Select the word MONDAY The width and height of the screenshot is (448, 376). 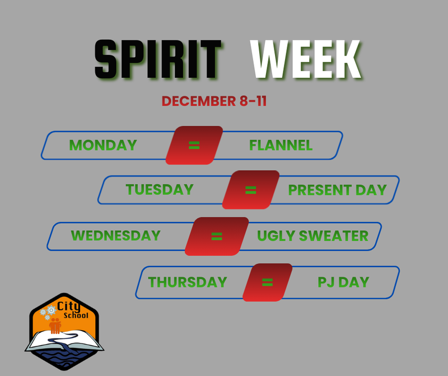click(x=103, y=145)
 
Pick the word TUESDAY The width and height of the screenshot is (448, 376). click(x=160, y=189)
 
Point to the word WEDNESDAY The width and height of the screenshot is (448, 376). click(x=115, y=235)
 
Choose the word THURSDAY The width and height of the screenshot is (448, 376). click(x=188, y=282)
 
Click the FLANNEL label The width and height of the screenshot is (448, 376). click(x=281, y=145)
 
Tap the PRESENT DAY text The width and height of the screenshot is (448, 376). click(x=337, y=189)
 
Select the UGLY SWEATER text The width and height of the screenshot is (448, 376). click(x=312, y=235)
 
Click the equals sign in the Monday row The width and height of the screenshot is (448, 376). click(x=194, y=145)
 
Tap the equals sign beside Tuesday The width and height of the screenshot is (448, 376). click(x=250, y=189)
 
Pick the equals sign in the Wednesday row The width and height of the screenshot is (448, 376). click(x=217, y=235)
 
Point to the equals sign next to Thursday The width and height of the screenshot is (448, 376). click(x=267, y=282)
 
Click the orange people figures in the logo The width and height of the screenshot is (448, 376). click(x=55, y=326)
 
